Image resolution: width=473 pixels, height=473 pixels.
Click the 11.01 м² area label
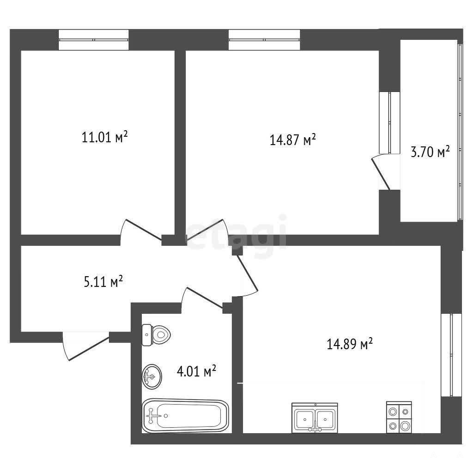(x=105, y=137)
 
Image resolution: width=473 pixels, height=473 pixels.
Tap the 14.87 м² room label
(x=292, y=140)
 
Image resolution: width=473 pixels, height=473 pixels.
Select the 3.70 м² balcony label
(x=431, y=152)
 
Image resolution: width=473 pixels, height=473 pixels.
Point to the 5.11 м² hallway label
(x=103, y=281)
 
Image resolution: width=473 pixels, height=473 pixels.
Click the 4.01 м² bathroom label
(x=196, y=371)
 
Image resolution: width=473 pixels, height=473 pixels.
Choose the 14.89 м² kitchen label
(x=350, y=344)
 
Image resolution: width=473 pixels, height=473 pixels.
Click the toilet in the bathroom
(x=156, y=335)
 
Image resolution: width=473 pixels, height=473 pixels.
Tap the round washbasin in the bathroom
(x=152, y=376)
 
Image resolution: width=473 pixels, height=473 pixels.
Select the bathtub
(x=185, y=416)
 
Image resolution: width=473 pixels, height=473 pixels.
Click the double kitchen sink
(x=315, y=418)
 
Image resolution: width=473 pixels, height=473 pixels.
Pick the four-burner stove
(x=399, y=417)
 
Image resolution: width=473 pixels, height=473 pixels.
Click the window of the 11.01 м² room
(x=93, y=40)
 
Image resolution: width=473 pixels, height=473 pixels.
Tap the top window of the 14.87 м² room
(x=264, y=40)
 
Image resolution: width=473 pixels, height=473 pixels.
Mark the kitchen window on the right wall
(x=451, y=355)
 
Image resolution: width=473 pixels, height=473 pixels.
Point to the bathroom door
(x=202, y=299)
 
